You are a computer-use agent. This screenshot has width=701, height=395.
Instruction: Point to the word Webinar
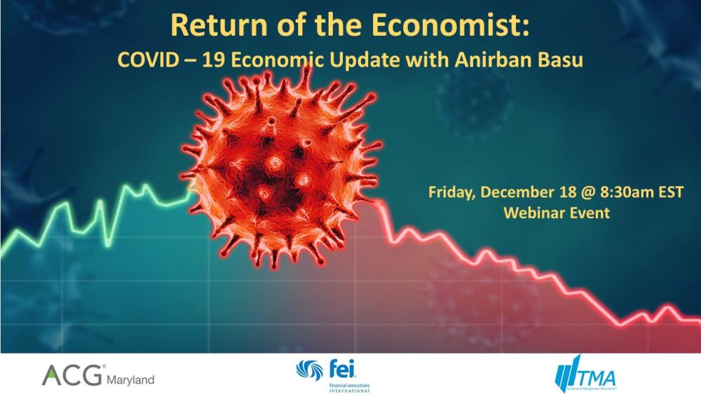pos(531,213)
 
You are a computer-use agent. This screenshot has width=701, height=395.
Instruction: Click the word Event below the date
pos(589,213)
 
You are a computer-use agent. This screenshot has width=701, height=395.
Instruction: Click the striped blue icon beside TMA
pos(564,376)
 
